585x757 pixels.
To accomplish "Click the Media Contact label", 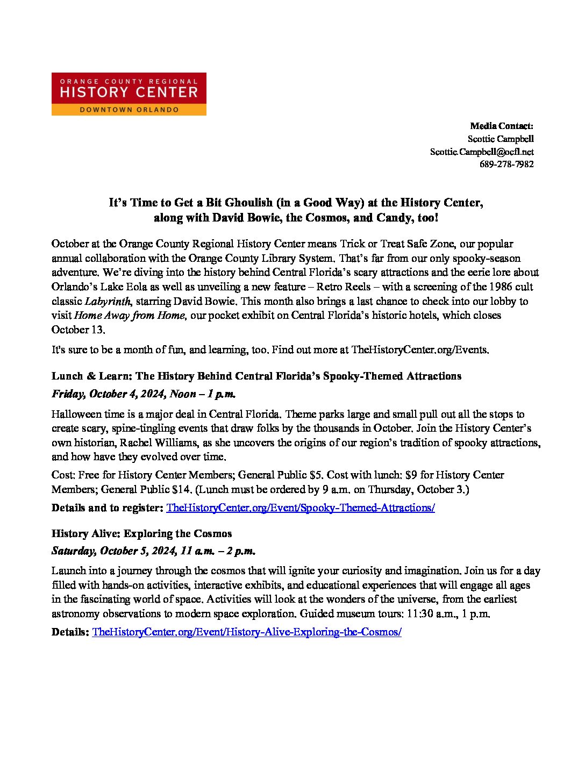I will [x=502, y=126].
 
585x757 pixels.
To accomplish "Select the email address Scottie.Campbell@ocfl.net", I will [x=482, y=152].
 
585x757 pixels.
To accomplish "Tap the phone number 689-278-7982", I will [x=506, y=165].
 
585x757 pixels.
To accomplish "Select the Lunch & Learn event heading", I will [x=256, y=376].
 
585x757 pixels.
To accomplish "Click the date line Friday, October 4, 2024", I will [x=144, y=394].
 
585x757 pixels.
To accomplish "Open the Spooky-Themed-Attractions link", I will [x=301, y=508].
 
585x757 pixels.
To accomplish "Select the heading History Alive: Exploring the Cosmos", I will [x=141, y=533].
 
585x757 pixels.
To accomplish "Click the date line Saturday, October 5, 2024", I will [x=153, y=551].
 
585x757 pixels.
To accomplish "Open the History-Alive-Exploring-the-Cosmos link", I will [x=247, y=632].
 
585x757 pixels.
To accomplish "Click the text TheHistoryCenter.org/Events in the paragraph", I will [x=419, y=350].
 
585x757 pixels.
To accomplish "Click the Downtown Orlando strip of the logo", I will [x=129, y=109].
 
